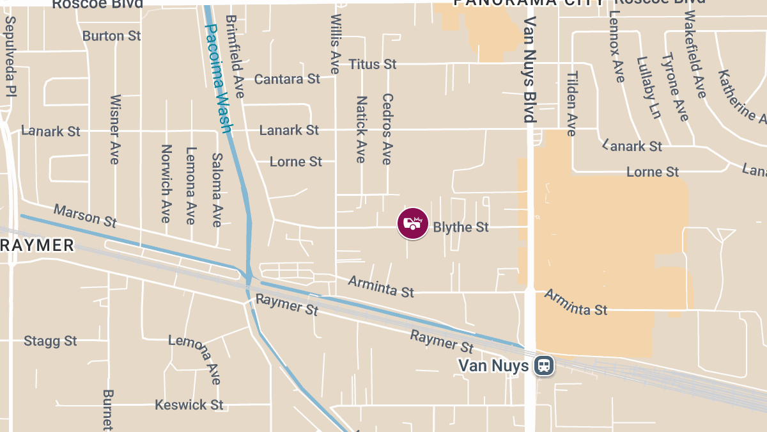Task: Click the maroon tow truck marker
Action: (413, 223)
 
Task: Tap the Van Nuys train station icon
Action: (545, 366)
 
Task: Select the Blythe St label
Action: (461, 227)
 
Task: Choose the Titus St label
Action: (373, 64)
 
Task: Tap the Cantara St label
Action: (287, 79)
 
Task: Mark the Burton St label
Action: (112, 36)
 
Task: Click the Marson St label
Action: (85, 216)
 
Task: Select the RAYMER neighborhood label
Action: (37, 245)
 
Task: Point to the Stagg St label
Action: (50, 341)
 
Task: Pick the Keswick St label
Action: (189, 405)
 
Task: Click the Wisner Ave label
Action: (115, 129)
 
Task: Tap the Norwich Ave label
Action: (166, 183)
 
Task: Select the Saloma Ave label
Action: (217, 189)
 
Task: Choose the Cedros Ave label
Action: (387, 129)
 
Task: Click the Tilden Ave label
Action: (571, 104)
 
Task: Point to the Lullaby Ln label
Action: (647, 88)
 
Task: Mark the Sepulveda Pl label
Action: (10, 56)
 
